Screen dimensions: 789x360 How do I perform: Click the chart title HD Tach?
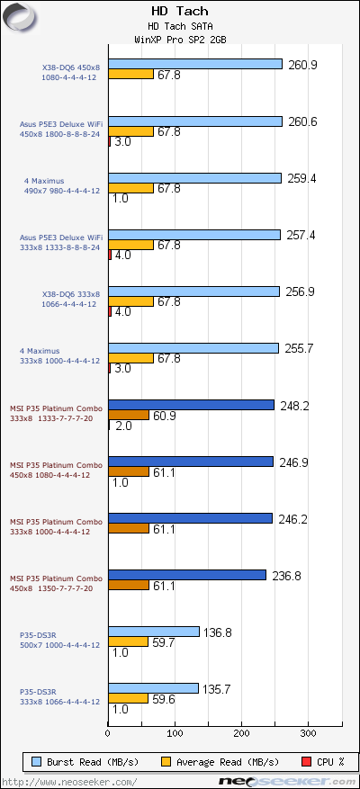[x=179, y=12]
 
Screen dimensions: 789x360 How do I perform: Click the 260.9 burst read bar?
[x=195, y=64]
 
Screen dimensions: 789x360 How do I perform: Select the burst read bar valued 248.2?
[x=191, y=405]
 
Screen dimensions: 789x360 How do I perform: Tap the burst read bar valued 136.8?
[x=153, y=632]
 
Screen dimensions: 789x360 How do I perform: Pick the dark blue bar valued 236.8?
[x=187, y=575]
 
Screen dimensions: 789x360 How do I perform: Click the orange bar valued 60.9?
[x=129, y=416]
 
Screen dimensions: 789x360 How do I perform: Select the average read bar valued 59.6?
[x=128, y=698]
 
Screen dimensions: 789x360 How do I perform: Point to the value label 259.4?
[x=301, y=179]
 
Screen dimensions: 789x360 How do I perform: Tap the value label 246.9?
[x=292, y=462]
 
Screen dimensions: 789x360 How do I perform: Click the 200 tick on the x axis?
[x=240, y=735]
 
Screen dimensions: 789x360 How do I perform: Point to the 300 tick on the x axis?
[x=308, y=735]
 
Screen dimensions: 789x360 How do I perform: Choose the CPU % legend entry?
[x=324, y=761]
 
